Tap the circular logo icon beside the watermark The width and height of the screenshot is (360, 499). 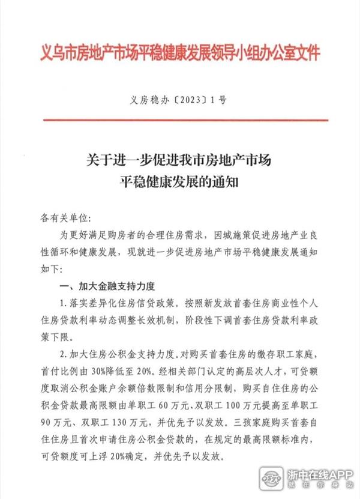pyautogui.click(x=275, y=478)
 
